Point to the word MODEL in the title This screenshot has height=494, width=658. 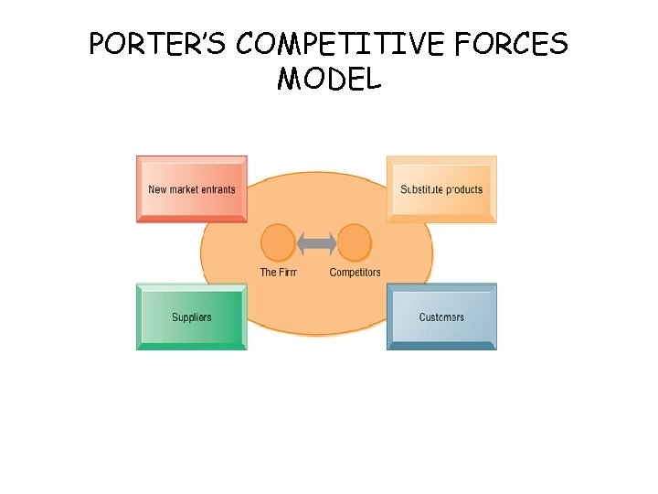click(329, 81)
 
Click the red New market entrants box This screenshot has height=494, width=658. click(192, 188)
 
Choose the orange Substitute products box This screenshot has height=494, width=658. click(442, 188)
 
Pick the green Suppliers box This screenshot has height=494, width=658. click(192, 317)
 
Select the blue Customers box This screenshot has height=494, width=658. click(442, 317)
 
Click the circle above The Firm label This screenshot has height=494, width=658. click(278, 243)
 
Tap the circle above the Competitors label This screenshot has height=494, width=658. click(355, 243)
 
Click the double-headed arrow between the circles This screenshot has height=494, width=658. click(317, 243)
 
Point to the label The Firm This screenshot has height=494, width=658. click(279, 273)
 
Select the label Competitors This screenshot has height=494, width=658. click(355, 273)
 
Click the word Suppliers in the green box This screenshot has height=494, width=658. click(192, 317)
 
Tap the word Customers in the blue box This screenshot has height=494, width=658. click(441, 317)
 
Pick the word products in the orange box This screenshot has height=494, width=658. click(463, 190)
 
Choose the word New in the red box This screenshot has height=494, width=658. click(156, 189)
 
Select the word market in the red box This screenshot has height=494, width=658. click(183, 189)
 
